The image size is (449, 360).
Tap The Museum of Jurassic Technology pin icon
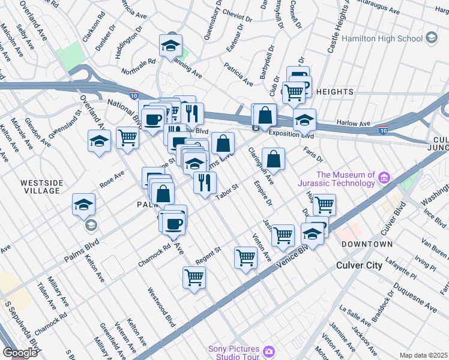tap(384, 177)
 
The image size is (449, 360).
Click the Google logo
tap(20, 353)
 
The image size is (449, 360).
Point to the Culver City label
tap(359, 265)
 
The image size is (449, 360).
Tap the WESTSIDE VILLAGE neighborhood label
tap(40, 187)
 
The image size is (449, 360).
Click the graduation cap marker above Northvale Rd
tap(170, 45)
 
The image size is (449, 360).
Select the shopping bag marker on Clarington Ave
tap(273, 159)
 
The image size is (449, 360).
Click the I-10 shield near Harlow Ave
tap(382, 130)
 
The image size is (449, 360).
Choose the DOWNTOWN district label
tap(367, 244)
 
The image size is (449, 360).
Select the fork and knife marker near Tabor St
tap(205, 182)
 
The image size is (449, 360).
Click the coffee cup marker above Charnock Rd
tap(174, 223)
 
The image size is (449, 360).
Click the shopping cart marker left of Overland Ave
tap(127, 138)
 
